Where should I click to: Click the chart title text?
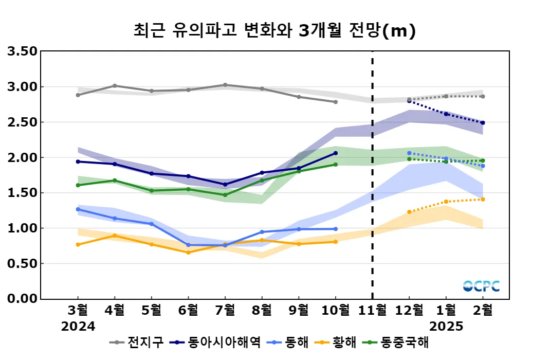tap(274, 31)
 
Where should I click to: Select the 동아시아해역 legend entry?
tap(224, 342)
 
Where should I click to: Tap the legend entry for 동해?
tap(297, 342)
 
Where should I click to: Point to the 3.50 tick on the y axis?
tap(22, 51)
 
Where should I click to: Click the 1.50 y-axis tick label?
tap(22, 193)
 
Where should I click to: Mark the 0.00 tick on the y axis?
tap(22, 299)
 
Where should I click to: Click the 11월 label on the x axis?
tap(372, 311)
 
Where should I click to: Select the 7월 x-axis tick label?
tap(225, 311)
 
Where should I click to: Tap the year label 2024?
tap(78, 327)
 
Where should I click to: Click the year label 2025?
tap(446, 327)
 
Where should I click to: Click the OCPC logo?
tap(481, 286)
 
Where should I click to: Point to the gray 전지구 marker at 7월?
tap(225, 85)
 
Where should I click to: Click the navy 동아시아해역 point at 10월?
tap(336, 153)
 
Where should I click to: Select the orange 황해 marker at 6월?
tap(188, 253)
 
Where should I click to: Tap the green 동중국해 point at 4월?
tap(115, 181)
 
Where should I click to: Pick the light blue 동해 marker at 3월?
tap(78, 209)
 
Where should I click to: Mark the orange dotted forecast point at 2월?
tap(483, 199)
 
